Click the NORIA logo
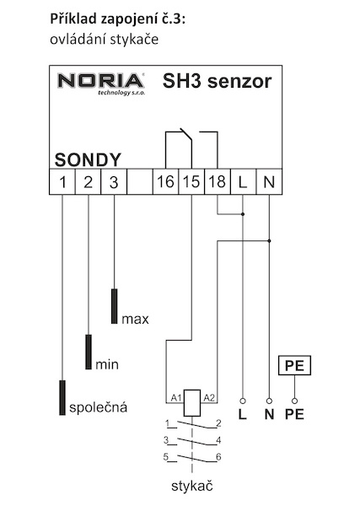point(101,83)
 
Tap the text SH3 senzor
point(218,81)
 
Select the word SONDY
point(88,159)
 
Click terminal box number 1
point(62,181)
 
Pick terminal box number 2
point(88,181)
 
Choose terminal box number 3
point(114,181)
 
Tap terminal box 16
point(165,181)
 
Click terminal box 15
point(191,181)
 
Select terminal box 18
point(218,181)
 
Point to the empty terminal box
point(140,181)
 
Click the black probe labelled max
point(114,306)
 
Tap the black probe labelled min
point(89,352)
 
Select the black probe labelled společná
point(62,397)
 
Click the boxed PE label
point(294,365)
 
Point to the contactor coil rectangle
point(192,403)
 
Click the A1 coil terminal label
point(176,398)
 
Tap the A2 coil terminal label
point(209,398)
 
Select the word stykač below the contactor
point(192,486)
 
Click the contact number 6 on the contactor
point(218,457)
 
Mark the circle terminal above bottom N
point(269,401)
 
